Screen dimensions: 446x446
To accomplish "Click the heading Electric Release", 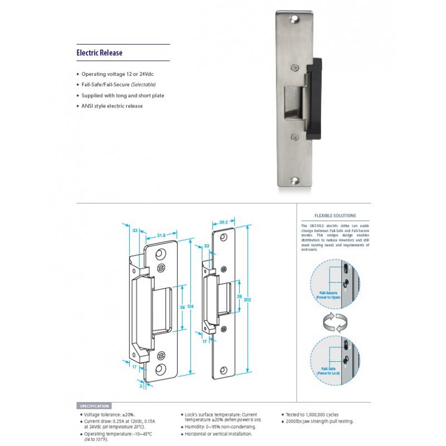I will click(99, 54).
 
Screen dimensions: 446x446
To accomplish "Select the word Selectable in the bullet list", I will click(143, 84).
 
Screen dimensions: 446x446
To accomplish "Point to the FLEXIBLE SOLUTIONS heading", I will click(336, 215).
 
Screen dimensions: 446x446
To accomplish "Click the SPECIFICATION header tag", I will click(95, 406).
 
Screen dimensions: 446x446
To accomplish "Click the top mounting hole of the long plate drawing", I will click(225, 236).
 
